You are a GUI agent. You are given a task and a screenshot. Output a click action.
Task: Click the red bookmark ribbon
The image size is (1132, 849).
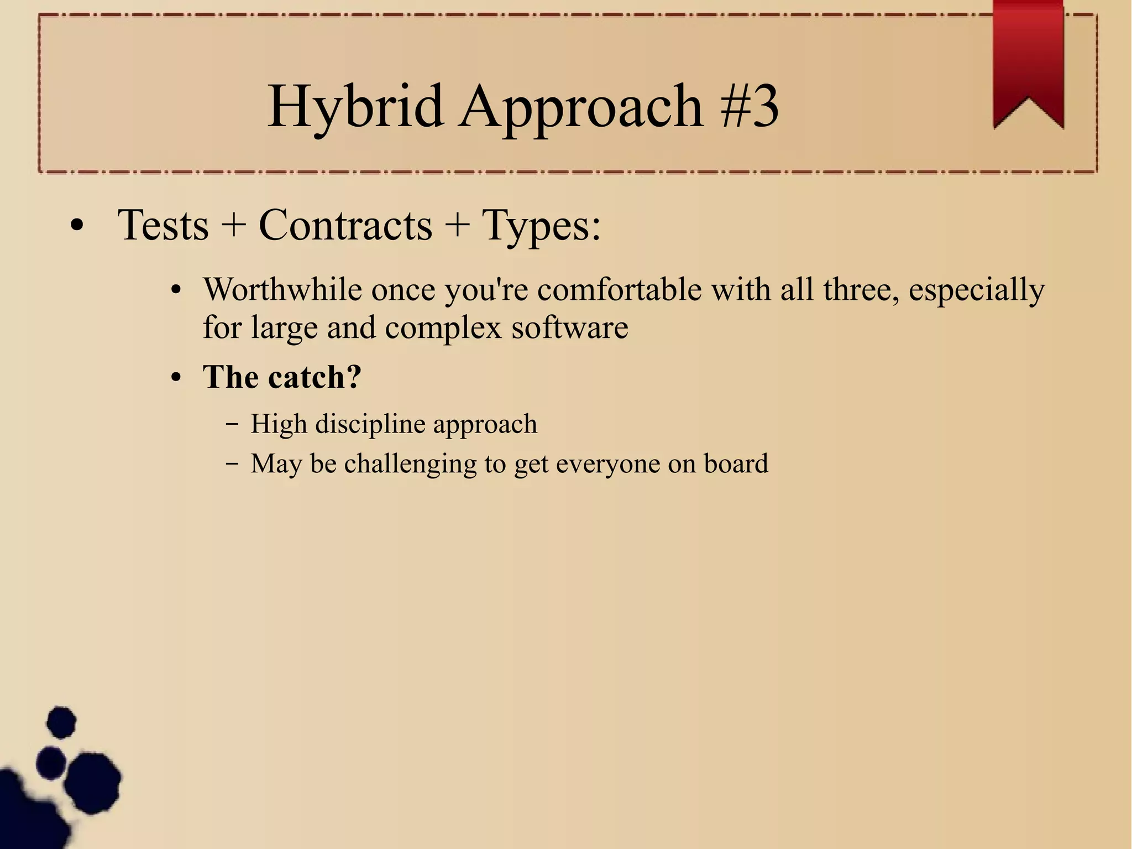(x=1028, y=61)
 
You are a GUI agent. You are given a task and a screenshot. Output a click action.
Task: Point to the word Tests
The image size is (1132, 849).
(x=163, y=225)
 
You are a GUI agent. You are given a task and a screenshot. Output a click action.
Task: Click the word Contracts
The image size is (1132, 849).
(x=345, y=225)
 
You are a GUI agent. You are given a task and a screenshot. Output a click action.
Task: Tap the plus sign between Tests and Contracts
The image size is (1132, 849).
(x=233, y=226)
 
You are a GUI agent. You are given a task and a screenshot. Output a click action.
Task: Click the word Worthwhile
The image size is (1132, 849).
(x=282, y=289)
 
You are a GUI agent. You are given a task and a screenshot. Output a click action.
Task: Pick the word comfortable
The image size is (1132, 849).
(x=620, y=289)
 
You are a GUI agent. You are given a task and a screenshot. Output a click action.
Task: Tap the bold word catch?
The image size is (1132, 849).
(x=315, y=377)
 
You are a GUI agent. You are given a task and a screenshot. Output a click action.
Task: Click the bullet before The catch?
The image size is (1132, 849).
(x=176, y=378)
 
